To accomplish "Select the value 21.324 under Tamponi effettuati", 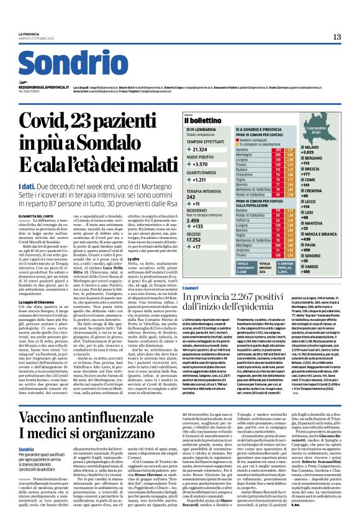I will [200, 150].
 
